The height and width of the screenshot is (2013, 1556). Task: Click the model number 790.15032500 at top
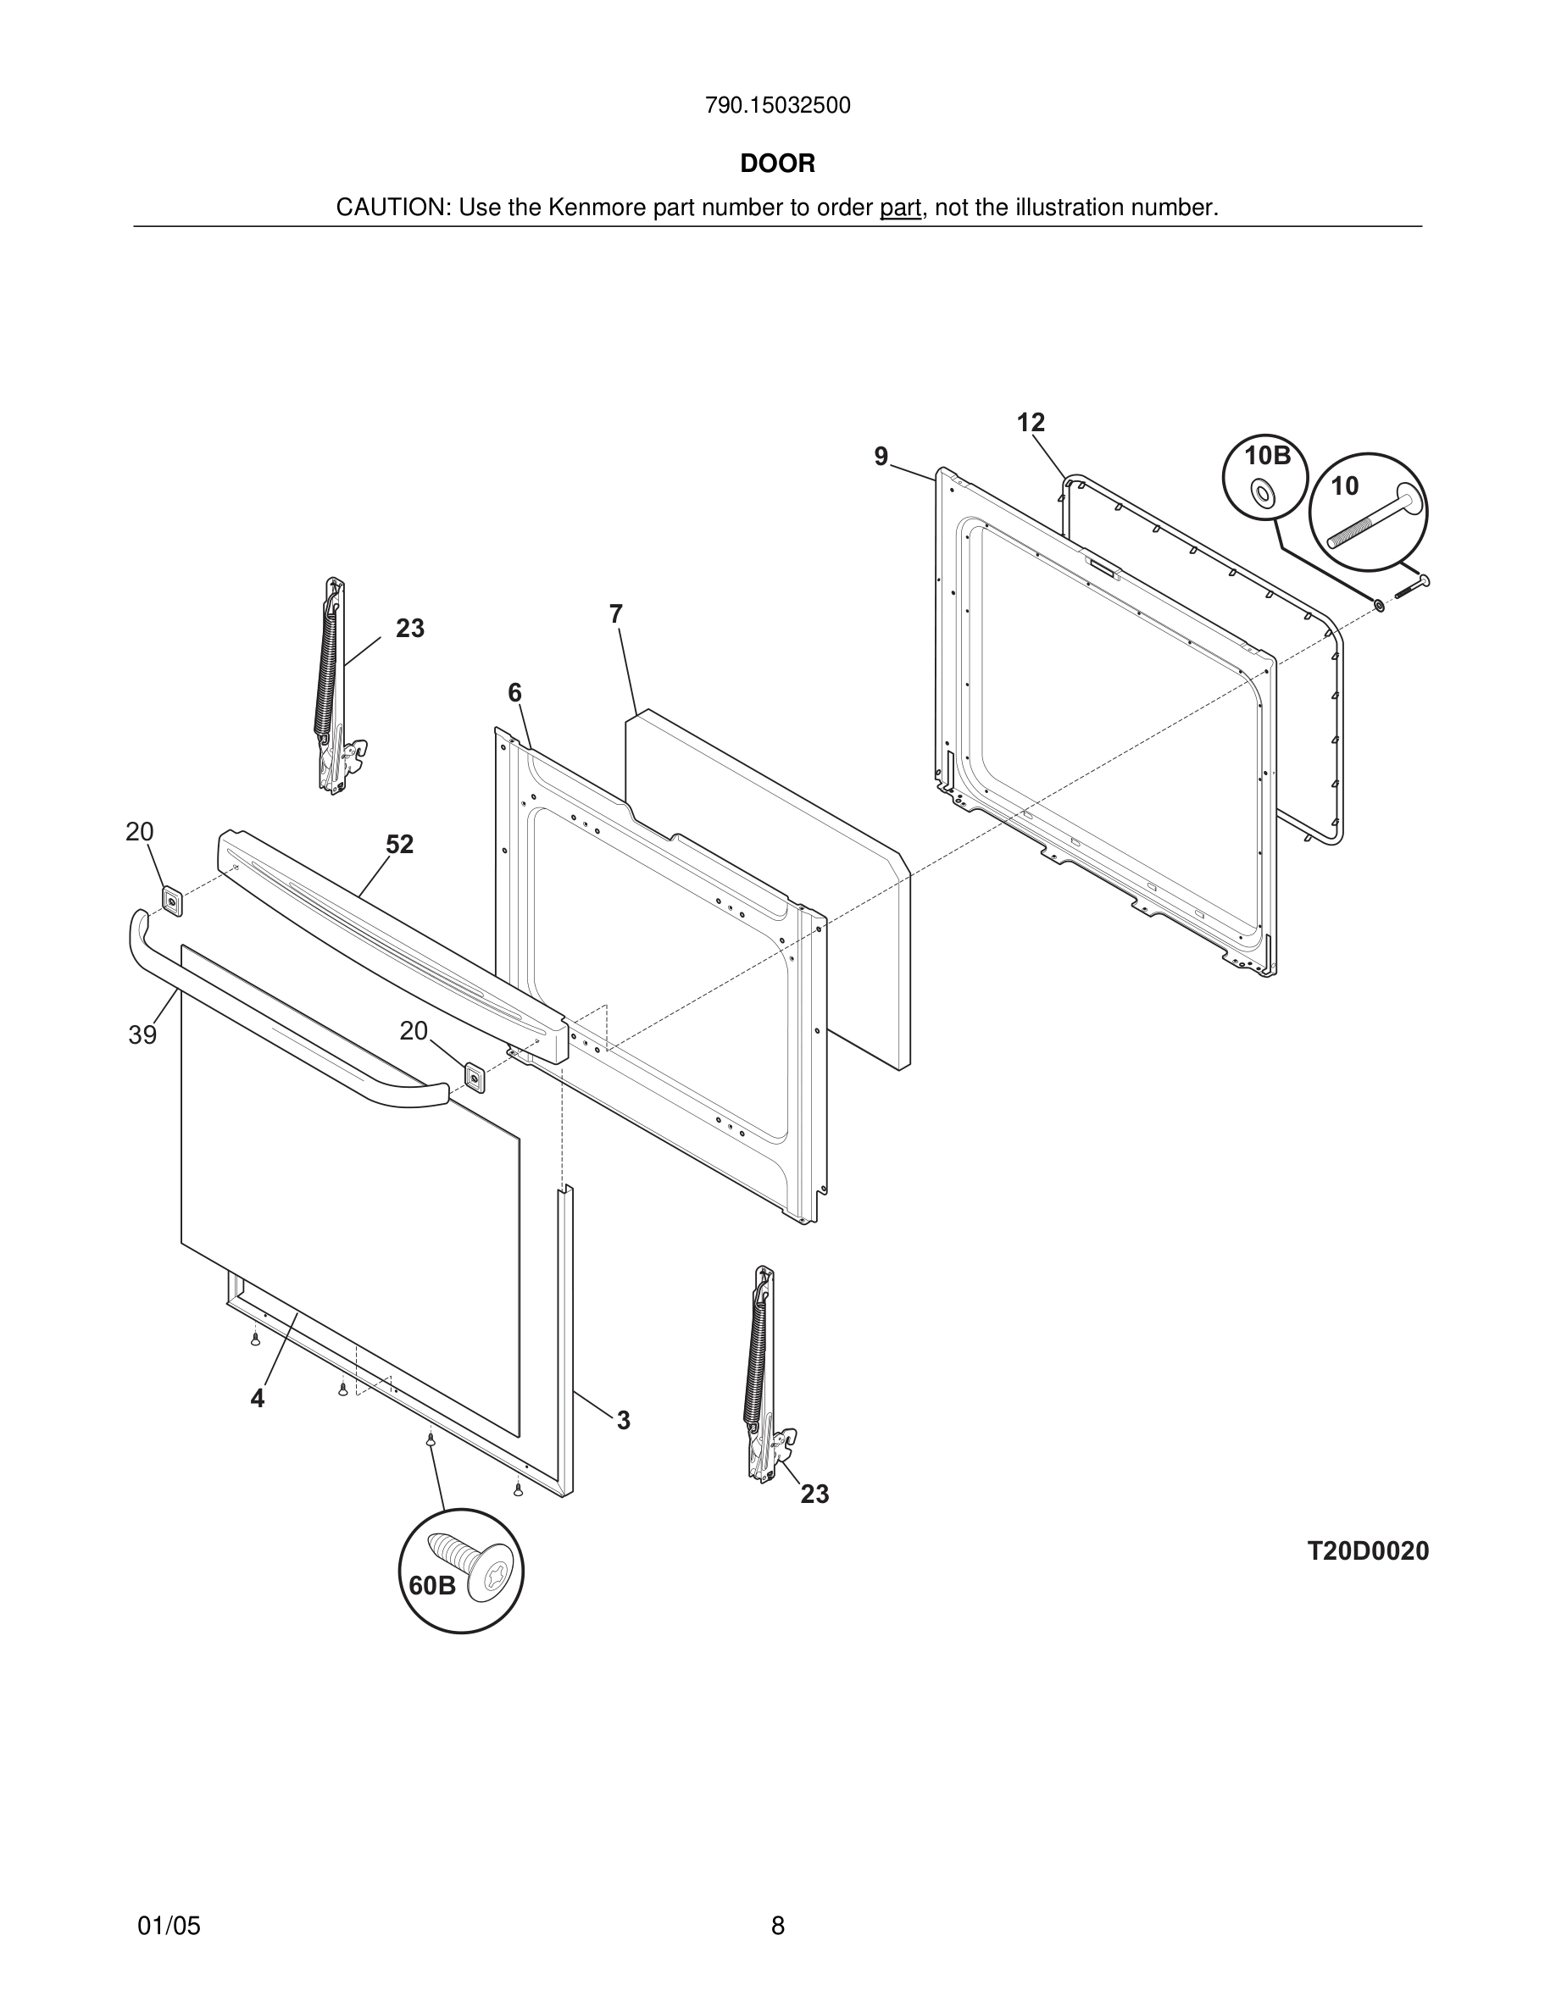[x=777, y=106]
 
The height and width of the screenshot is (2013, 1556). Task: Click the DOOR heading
[x=777, y=164]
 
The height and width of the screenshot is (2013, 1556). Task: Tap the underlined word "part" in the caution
[x=900, y=208]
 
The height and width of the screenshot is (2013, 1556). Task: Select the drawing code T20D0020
[x=1368, y=1551]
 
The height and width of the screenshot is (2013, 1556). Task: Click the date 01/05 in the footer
[x=169, y=1926]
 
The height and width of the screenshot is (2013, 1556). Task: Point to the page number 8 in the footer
[x=777, y=1926]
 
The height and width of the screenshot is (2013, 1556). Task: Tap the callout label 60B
[x=431, y=1585]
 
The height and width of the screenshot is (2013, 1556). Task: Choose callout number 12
[x=1031, y=423]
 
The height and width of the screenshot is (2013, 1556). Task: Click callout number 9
[x=881, y=457]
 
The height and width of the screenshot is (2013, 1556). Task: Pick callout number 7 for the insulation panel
[x=616, y=614]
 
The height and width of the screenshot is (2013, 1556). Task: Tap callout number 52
[x=399, y=845]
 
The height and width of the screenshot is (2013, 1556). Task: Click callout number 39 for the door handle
[x=142, y=1035]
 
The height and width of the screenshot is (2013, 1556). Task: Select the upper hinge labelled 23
[x=334, y=686]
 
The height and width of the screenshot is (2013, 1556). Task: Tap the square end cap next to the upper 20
[x=171, y=900]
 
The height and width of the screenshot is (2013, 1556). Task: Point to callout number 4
[x=257, y=1398]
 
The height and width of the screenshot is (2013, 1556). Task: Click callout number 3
[x=623, y=1420]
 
